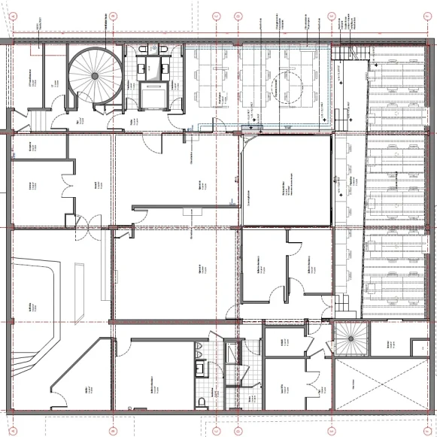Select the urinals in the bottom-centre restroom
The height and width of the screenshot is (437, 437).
[198, 351]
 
